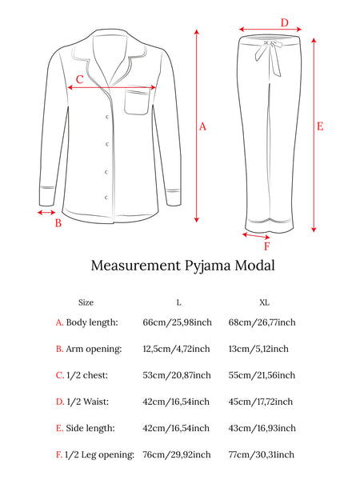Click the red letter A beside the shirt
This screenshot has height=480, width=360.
(x=202, y=126)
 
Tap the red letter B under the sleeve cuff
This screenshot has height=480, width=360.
(x=58, y=223)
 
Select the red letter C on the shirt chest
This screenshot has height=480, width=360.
(x=79, y=79)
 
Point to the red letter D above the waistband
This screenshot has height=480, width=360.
(x=285, y=22)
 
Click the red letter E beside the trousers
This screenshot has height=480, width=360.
(x=320, y=126)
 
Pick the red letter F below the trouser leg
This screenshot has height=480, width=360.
(x=267, y=246)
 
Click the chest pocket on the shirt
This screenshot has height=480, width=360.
(x=137, y=102)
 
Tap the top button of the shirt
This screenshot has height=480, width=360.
(x=107, y=117)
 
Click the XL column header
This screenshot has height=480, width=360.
(x=264, y=302)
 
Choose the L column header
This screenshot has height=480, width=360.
(x=178, y=302)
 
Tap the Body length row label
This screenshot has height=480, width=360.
(x=92, y=322)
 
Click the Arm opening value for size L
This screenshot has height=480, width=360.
(x=176, y=349)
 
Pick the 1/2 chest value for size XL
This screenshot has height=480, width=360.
(x=262, y=375)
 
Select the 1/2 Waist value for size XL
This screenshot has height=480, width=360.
(x=261, y=402)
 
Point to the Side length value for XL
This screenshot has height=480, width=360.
(x=262, y=428)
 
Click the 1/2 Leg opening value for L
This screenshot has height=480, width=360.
(x=177, y=454)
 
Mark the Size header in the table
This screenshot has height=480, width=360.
(x=86, y=302)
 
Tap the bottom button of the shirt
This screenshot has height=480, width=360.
(x=107, y=198)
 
